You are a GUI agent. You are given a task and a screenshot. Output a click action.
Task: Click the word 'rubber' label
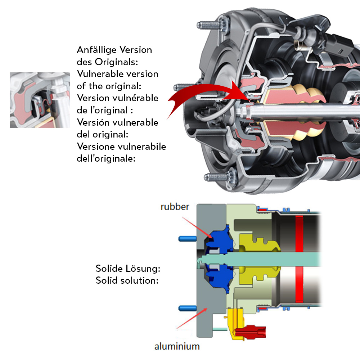[175, 207]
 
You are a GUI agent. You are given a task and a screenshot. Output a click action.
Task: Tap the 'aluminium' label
[177, 346]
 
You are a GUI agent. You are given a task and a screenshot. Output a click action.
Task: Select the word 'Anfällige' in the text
[96, 50]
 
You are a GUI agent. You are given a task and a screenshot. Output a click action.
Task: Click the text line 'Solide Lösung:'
[128, 269]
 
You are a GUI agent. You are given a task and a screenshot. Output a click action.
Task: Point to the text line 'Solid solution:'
[127, 280]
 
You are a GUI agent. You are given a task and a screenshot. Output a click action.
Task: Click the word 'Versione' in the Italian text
[95, 147]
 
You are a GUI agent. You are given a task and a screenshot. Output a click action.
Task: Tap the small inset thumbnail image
[40, 100]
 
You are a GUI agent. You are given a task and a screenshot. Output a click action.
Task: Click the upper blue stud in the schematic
[188, 239]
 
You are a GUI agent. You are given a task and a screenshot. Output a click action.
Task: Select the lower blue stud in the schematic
[188, 308]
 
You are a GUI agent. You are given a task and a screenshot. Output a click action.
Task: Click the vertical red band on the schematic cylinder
[299, 259]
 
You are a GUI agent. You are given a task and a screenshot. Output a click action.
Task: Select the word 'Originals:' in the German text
[116, 62]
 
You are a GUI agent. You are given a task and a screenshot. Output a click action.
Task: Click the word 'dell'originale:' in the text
[106, 158]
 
